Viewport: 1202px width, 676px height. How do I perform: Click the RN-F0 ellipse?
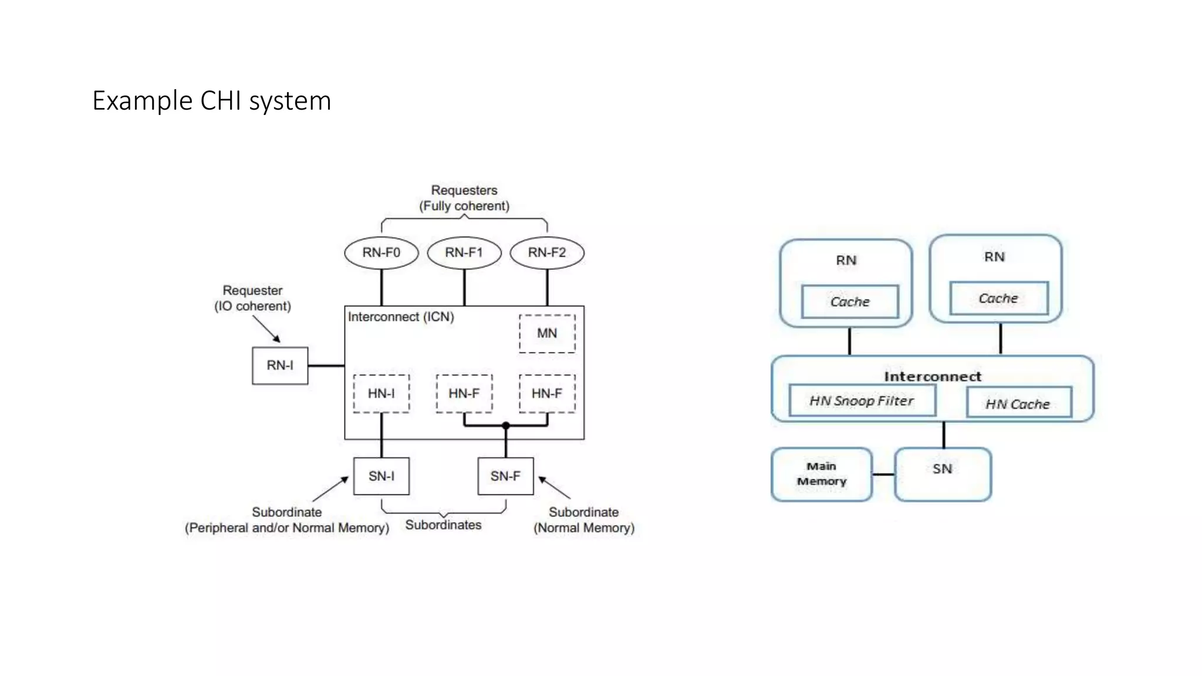tap(381, 253)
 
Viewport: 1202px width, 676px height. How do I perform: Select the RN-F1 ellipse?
tap(464, 253)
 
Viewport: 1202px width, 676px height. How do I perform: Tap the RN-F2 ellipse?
tap(546, 253)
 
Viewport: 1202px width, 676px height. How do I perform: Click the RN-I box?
tap(280, 366)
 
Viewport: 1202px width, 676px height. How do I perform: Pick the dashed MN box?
tap(546, 333)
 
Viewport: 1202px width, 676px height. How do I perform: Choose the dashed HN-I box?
tap(381, 393)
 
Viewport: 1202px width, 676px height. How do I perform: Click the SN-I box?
tap(381, 476)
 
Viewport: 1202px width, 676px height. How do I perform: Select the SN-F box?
tap(505, 476)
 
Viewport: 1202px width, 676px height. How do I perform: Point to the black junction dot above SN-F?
tap(505, 425)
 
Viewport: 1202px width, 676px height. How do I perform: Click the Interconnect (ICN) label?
tap(401, 317)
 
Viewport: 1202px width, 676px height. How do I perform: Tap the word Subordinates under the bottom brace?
tap(443, 525)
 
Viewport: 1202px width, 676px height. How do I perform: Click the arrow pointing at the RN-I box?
tap(267, 330)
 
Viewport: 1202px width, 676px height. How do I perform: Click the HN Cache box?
tap(1018, 403)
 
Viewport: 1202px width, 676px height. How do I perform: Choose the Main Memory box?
tap(821, 474)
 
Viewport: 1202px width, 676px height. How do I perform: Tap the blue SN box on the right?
tap(943, 474)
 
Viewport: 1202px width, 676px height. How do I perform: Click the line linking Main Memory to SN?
tap(883, 474)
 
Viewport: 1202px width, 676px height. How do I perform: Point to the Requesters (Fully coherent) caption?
tap(464, 198)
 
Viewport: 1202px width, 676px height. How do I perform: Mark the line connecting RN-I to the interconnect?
tap(326, 366)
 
